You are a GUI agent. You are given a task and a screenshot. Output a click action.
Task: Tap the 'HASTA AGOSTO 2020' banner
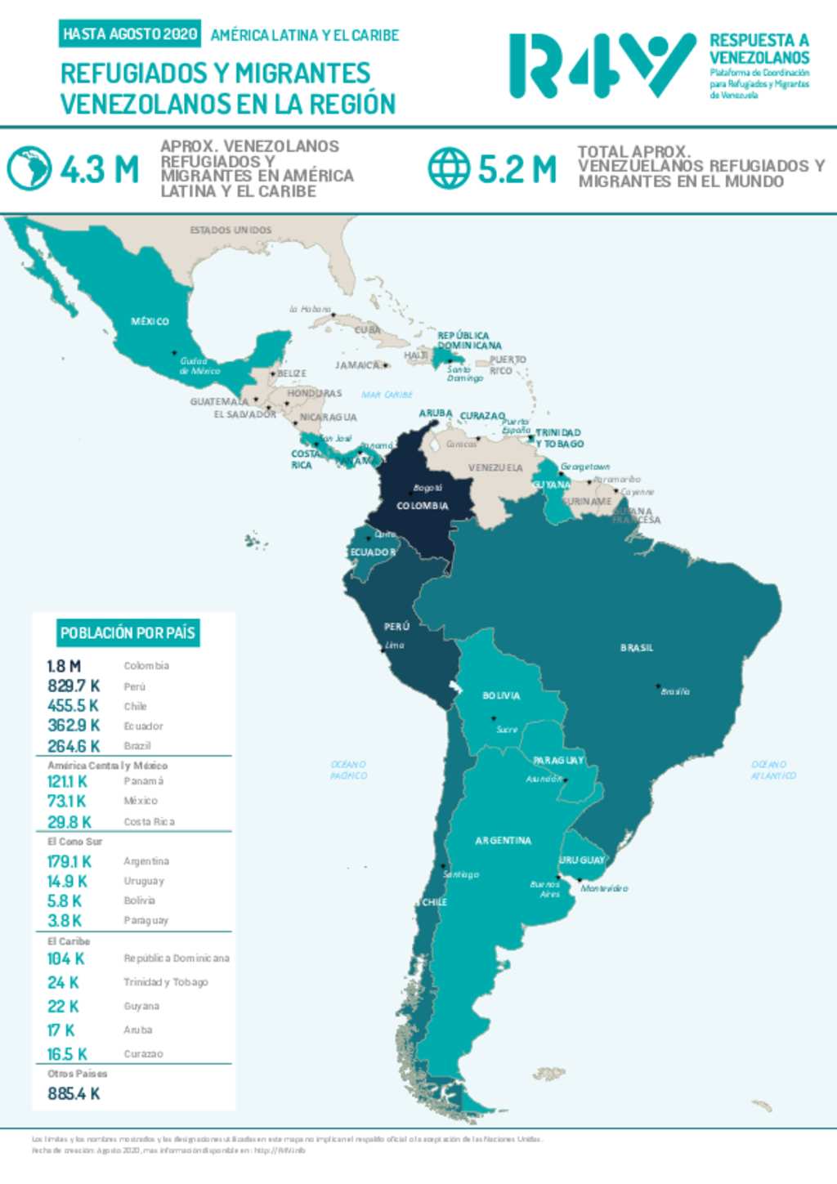pos(131,34)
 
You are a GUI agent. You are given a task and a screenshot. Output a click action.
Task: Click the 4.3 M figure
pos(99,170)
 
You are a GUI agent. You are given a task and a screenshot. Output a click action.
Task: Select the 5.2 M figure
pos(517,170)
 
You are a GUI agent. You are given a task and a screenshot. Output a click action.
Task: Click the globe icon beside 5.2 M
pos(449,168)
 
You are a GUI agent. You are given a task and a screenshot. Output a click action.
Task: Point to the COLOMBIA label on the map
pos(422,506)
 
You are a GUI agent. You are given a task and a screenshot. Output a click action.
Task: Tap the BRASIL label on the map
pos(637,648)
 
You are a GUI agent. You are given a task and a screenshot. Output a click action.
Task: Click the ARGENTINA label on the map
pos(503,841)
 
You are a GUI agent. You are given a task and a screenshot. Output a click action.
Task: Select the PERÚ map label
pos(396,627)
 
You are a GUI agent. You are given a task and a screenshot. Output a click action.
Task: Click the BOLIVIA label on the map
pos(501,696)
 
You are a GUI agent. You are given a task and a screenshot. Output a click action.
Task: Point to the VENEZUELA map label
pos(495,468)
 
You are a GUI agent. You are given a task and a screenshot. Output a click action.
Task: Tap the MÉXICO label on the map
pos(150,322)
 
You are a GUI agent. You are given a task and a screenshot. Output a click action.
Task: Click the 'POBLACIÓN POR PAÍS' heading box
pos(128,632)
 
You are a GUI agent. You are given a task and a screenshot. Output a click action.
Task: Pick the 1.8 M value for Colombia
pos(64,666)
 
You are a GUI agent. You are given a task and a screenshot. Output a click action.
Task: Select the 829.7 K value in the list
pos(74,686)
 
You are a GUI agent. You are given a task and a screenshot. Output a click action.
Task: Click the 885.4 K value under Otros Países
pos(74,1094)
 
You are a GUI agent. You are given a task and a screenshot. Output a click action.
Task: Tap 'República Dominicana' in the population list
pos(177,958)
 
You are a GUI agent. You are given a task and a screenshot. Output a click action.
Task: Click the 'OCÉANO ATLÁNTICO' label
pos(772,770)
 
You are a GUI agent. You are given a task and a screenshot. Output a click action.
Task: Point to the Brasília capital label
pos(675,692)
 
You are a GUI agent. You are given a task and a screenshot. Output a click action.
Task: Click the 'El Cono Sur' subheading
pos(74,842)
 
